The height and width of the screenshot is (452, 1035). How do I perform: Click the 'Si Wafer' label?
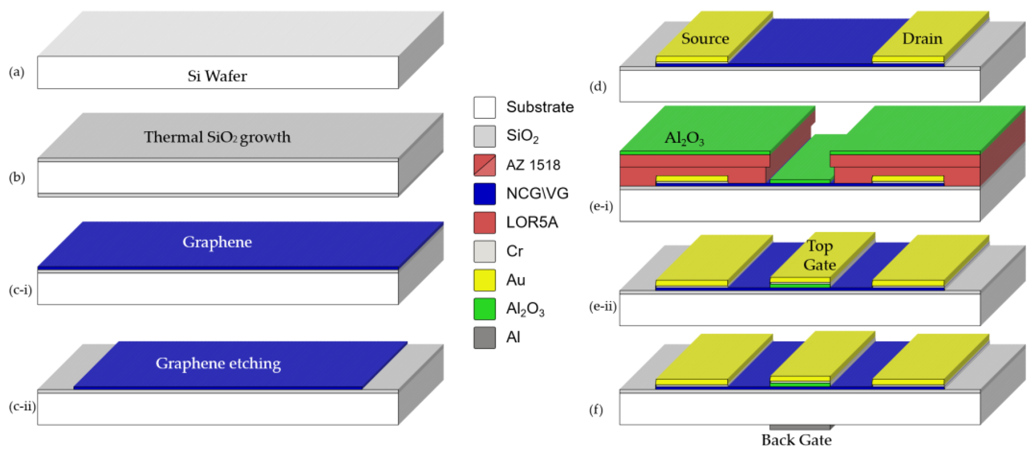tap(217, 76)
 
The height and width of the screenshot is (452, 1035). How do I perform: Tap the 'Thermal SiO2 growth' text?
tap(217, 137)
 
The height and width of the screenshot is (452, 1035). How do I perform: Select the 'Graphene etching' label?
tap(218, 363)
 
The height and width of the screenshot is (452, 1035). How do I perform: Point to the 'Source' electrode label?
tap(705, 39)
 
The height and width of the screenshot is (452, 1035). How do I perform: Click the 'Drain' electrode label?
tap(922, 39)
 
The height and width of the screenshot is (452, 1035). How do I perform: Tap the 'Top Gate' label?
tap(819, 255)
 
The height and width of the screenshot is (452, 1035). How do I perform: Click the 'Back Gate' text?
tap(796, 440)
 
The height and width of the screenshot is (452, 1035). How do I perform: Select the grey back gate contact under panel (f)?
tap(800, 427)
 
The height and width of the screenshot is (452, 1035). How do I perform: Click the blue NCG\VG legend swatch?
tap(484, 194)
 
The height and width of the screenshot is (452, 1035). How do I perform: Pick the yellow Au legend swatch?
tap(484, 280)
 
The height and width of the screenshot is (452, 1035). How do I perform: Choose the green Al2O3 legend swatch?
tap(484, 309)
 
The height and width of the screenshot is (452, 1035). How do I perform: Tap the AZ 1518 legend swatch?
tap(484, 165)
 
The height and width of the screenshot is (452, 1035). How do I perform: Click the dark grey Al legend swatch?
tap(484, 338)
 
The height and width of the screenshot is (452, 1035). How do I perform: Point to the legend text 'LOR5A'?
tap(532, 222)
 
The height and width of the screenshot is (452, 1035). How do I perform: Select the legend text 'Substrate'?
tap(540, 107)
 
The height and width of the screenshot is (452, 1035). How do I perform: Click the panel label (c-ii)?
tap(22, 406)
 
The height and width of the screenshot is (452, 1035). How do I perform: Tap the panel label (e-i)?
tap(601, 206)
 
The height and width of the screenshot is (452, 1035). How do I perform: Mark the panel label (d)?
tap(598, 87)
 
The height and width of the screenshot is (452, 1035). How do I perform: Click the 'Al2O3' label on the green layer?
tap(684, 138)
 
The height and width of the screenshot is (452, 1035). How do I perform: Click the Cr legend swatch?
tap(484, 251)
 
